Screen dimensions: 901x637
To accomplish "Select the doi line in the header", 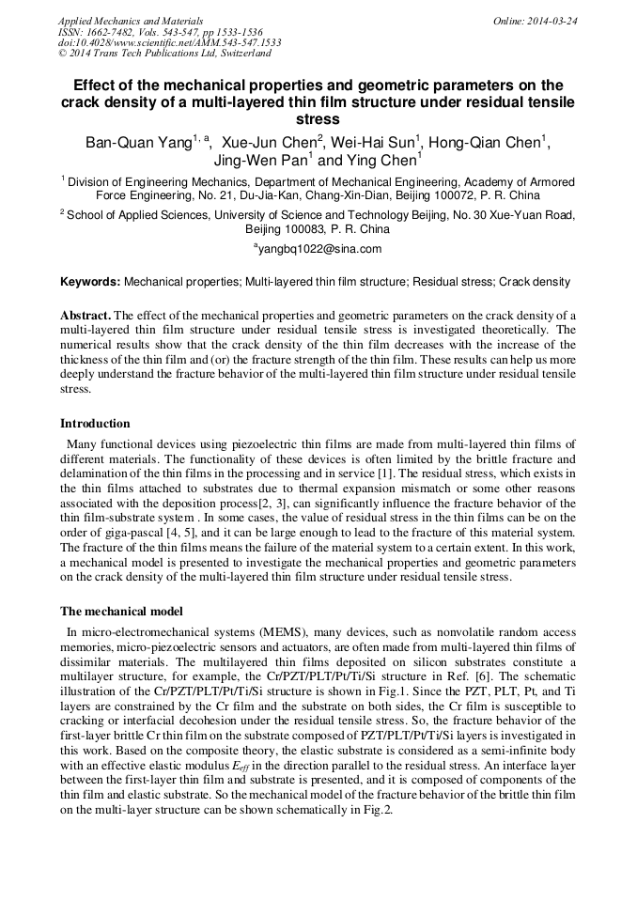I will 169,43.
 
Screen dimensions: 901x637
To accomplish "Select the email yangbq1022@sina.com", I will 318,249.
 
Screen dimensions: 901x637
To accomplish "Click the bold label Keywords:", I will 90,281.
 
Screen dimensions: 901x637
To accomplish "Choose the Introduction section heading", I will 95,424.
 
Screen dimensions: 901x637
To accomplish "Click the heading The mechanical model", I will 121,612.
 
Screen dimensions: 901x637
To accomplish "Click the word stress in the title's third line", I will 318,120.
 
